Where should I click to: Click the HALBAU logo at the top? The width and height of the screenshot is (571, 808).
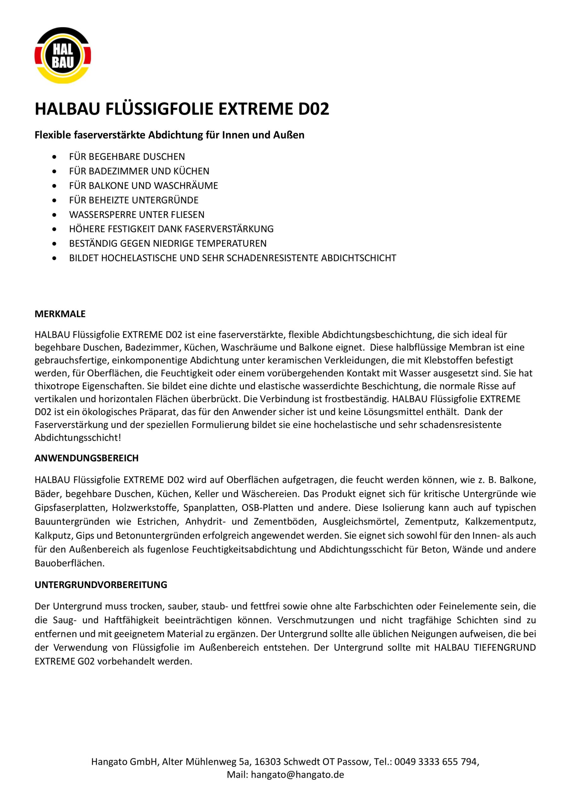62,56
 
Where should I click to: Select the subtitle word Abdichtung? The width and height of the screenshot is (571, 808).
175,135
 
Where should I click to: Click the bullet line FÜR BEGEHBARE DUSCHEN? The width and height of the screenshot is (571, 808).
127,157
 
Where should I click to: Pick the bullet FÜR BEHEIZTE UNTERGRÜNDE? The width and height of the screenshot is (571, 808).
134,200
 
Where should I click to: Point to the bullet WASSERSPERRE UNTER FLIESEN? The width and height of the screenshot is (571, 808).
137,215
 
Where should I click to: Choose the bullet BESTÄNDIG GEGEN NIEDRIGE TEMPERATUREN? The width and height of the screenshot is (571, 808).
168,244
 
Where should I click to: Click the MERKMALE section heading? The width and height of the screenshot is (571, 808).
60,314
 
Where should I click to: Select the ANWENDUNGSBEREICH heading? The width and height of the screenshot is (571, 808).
86,458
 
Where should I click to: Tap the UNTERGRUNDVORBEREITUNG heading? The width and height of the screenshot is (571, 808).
101,585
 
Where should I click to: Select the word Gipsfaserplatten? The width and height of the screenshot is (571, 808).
71,508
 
